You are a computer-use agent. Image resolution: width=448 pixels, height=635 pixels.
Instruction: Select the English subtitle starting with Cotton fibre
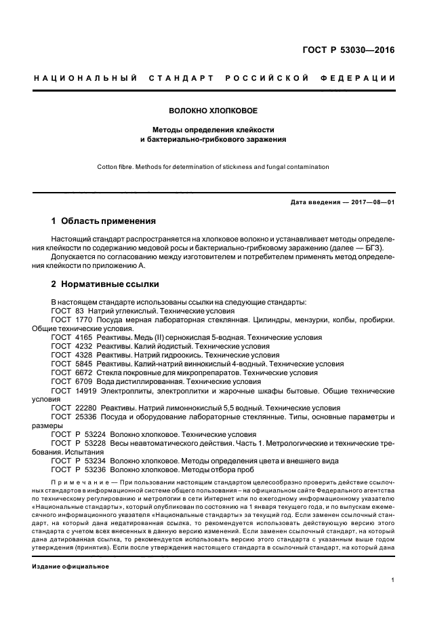click(x=213, y=166)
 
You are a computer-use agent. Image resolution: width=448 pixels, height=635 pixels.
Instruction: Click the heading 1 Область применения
click(x=104, y=221)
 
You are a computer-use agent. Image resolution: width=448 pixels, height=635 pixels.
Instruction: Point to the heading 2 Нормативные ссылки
click(x=105, y=284)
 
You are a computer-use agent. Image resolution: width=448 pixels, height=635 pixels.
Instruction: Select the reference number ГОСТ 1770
click(x=71, y=319)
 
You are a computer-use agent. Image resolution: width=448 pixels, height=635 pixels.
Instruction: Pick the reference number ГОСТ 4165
click(x=71, y=337)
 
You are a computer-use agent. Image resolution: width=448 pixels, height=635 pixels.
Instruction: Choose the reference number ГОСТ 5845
click(x=71, y=364)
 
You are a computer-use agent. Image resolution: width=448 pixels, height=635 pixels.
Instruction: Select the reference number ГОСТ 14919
click(x=73, y=391)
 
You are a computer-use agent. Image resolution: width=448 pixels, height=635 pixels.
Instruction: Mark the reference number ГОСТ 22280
click(x=73, y=408)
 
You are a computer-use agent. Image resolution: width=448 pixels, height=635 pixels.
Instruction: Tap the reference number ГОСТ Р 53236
click(x=78, y=469)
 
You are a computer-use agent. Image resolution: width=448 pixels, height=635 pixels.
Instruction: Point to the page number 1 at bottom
click(x=393, y=580)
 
